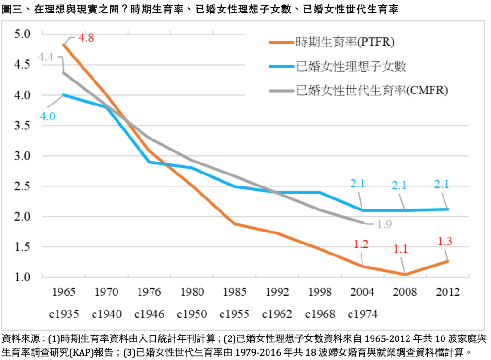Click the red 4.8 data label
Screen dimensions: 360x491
(x=86, y=38)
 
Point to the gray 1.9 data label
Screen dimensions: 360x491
(x=383, y=224)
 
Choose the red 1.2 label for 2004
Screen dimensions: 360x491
(x=361, y=244)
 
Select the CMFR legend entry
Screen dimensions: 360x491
(x=372, y=91)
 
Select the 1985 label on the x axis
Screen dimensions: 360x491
(x=234, y=292)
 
